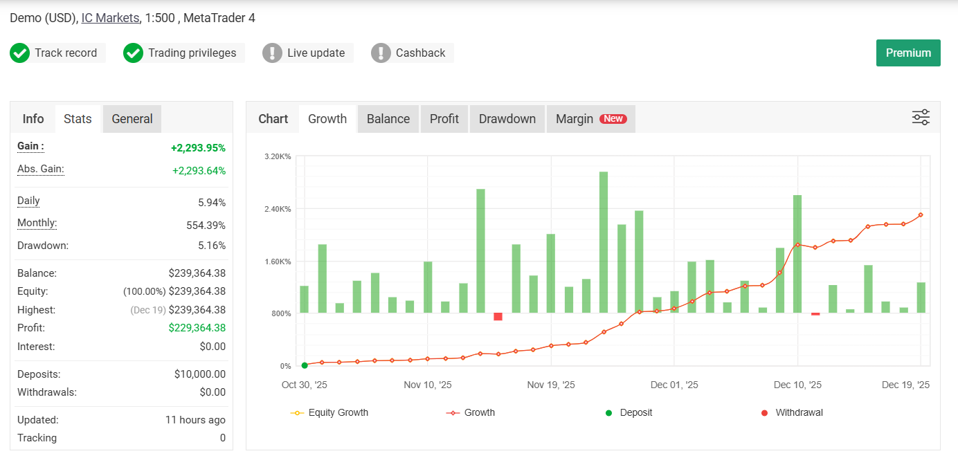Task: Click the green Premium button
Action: point(908,53)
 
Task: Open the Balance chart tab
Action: point(388,119)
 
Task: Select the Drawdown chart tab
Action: point(507,119)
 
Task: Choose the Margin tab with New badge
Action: point(590,119)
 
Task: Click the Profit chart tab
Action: point(444,119)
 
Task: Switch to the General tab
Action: point(132,119)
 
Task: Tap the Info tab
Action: point(33,119)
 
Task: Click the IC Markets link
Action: point(110,18)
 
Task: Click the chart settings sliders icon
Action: point(921,118)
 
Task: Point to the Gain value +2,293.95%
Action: point(198,148)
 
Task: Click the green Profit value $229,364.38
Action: point(197,328)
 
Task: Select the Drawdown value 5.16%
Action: point(212,246)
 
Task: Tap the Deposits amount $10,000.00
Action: point(200,374)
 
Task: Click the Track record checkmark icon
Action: point(19,53)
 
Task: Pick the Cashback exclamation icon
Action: point(381,53)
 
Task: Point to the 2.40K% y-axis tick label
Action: point(278,209)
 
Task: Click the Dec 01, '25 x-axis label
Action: point(674,385)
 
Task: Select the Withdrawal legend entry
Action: point(792,413)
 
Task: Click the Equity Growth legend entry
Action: point(329,413)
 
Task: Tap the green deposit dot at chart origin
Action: point(305,365)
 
